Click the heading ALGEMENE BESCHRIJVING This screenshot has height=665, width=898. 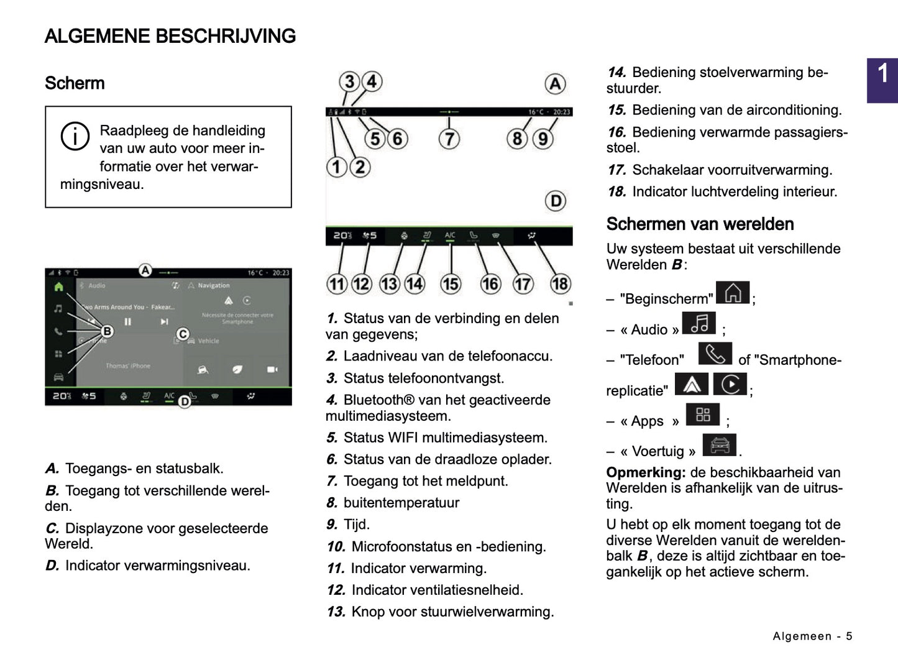pos(170,36)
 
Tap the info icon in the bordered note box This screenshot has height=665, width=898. pos(75,136)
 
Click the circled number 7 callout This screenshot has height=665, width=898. pos(449,138)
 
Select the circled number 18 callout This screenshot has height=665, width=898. pos(560,284)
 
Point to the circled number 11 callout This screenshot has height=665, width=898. pos(337,284)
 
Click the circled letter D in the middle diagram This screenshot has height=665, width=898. pos(555,201)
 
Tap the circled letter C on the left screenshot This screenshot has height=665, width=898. pos(183,334)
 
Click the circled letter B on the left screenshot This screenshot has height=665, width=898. pos(107,331)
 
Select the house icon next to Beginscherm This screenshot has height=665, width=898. pos(733,293)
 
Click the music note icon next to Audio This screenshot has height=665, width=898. pos(699,323)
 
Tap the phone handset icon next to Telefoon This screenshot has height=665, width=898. pos(715,354)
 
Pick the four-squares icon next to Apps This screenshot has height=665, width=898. pos(703,415)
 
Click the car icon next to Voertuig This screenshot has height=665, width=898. pos(719,445)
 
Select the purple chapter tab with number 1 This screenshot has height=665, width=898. pos(882,80)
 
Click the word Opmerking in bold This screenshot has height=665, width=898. pos(645,472)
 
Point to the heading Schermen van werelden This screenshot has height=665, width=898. pos(700,224)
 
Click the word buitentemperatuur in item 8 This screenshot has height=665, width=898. pos(401,503)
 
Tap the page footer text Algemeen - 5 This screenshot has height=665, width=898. pos(812,636)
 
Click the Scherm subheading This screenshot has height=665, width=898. pos(75,83)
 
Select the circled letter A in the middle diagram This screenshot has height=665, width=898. pos(555,84)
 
